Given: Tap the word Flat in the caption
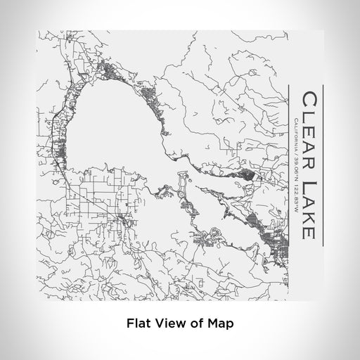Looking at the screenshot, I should (x=137, y=324).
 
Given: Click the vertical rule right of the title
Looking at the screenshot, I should (x=322, y=166).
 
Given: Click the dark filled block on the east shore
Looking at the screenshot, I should (x=247, y=173).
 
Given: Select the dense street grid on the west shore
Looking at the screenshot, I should (x=59, y=148).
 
